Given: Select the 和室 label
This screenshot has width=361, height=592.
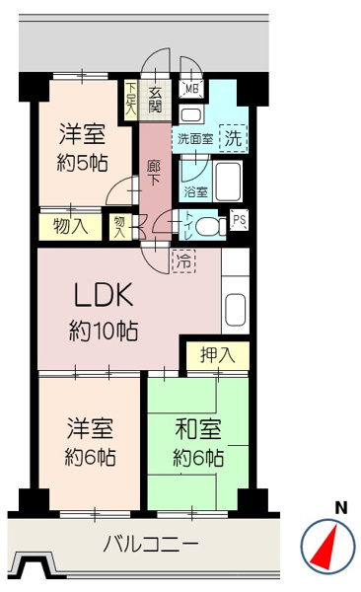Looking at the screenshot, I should tap(197, 429).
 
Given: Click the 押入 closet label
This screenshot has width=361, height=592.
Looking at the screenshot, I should tap(217, 355).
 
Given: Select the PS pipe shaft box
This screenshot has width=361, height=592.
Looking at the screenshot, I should tap(239, 221).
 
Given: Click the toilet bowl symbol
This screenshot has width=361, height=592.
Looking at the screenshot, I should tap(208, 226).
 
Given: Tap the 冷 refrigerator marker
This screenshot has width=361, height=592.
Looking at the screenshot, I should tap(182, 260).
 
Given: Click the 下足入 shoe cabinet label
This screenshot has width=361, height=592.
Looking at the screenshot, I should tap(130, 99).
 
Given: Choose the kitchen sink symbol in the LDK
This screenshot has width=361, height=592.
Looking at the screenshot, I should tap(236, 309).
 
